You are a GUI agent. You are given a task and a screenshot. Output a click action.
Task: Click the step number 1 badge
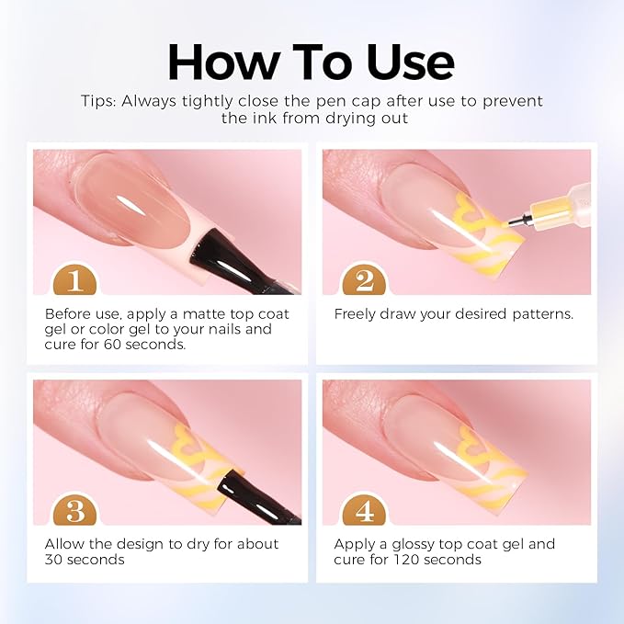coord(74,279)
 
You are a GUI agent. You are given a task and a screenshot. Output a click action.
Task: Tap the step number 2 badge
coord(364,279)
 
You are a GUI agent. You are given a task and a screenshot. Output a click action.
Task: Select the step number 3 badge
coord(74,510)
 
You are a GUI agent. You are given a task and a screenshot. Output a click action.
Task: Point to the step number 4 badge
coord(364,510)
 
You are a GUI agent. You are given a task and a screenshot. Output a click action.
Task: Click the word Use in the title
coord(410,62)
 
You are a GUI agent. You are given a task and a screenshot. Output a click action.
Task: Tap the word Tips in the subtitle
coord(98,101)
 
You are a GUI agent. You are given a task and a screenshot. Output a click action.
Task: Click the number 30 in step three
coord(53,560)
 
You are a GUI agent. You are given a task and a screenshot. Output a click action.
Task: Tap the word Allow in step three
coord(63,544)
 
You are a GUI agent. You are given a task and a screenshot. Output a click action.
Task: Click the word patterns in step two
coord(543,314)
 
